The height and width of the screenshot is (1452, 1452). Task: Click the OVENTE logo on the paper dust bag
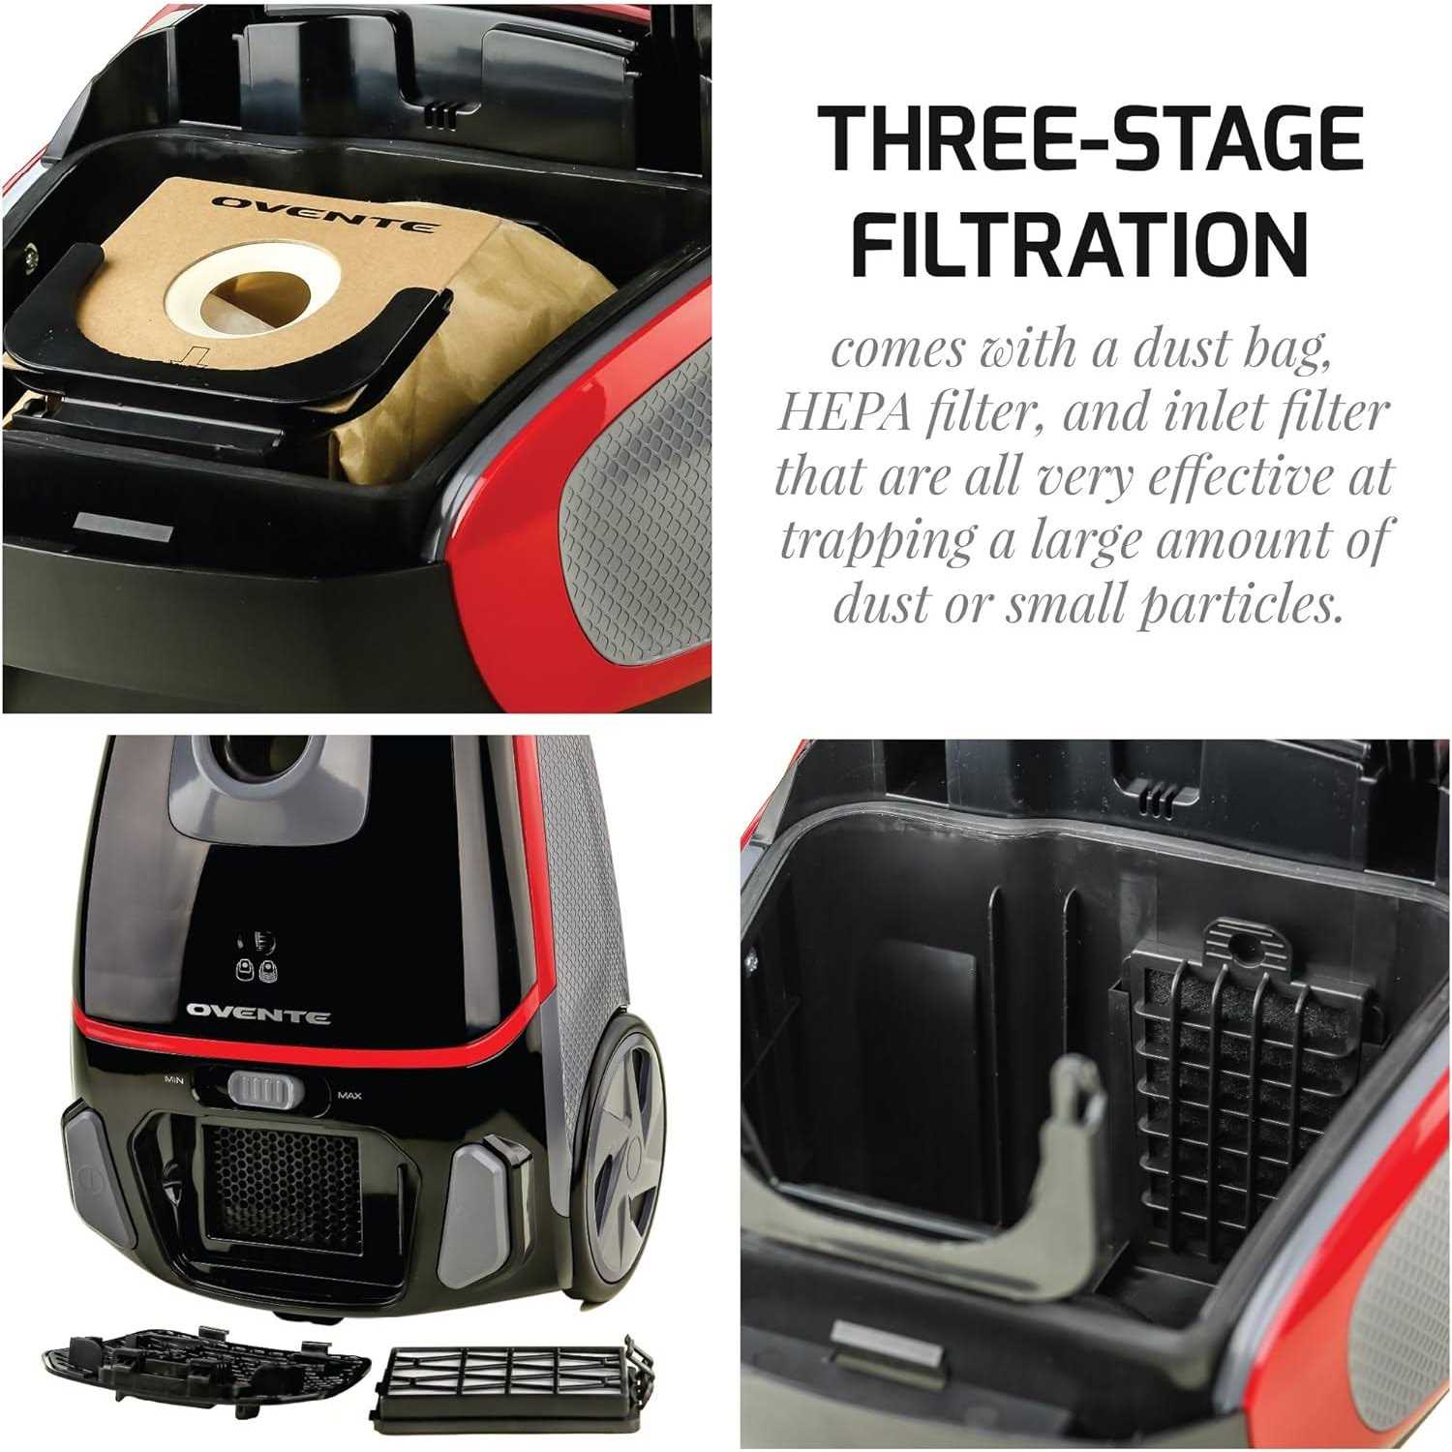323,214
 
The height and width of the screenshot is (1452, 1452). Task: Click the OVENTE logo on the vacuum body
258,1013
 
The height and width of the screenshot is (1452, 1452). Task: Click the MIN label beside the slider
175,1078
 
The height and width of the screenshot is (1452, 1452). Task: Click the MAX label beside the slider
348,1096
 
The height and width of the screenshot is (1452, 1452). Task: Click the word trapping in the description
878,543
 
